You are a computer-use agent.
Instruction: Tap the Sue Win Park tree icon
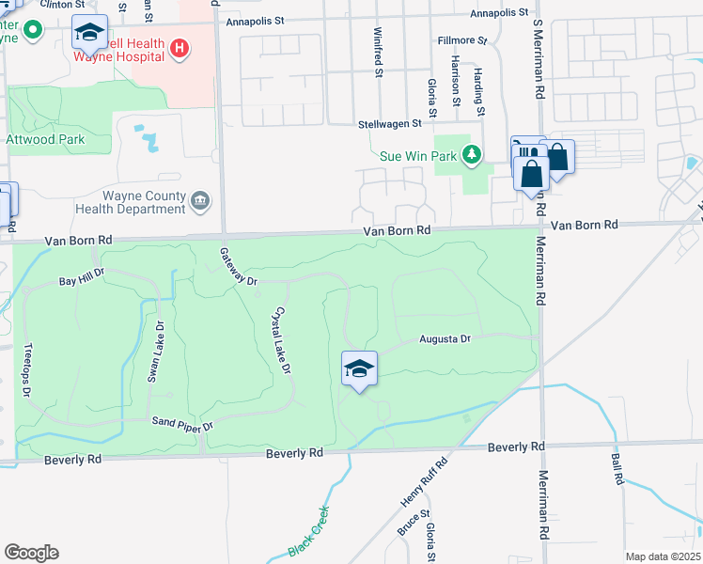[475, 154]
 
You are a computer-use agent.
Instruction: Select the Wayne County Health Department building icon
[200, 200]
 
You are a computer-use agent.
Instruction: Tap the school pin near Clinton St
[89, 35]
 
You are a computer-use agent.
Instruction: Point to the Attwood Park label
[45, 140]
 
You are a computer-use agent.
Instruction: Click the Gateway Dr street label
[237, 267]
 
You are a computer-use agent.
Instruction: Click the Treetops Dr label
[28, 368]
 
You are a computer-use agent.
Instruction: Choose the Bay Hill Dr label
[81, 281]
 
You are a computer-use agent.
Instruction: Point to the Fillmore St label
[462, 41]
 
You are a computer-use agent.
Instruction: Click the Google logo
[31, 553]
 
